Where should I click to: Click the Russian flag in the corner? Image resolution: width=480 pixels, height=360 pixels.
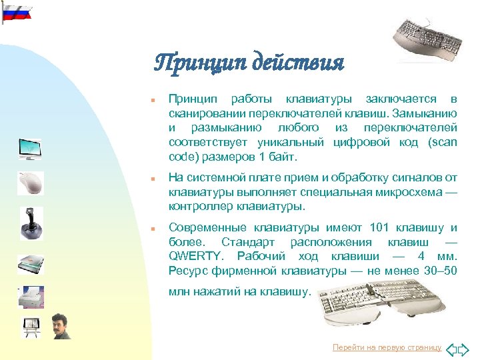pyautogui.click(x=15, y=11)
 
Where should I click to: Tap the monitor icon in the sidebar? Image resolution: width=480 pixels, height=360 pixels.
pyautogui.click(x=29, y=148)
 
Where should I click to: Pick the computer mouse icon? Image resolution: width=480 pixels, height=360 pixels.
pyautogui.click(x=30, y=182)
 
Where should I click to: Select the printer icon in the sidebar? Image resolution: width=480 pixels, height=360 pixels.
pyautogui.click(x=30, y=297)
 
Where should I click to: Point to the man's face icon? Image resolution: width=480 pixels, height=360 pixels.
pyautogui.click(x=61, y=325)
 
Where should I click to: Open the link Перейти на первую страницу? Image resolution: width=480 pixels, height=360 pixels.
pyautogui.click(x=387, y=348)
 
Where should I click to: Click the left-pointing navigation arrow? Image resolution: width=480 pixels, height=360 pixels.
pyautogui.click(x=451, y=348)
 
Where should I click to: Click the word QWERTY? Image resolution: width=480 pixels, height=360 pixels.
pyautogui.click(x=190, y=255)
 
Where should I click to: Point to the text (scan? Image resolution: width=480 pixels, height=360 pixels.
pyautogui.click(x=443, y=142)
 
